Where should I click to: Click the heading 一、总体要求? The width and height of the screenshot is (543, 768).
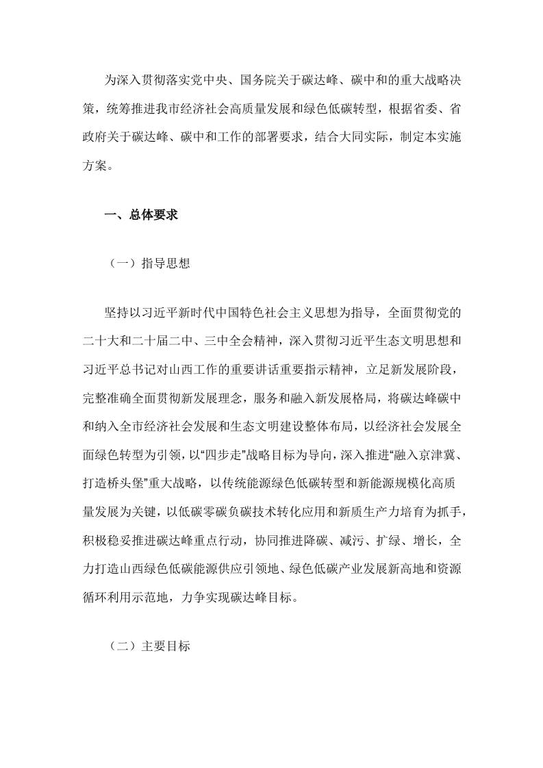coord(140,215)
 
